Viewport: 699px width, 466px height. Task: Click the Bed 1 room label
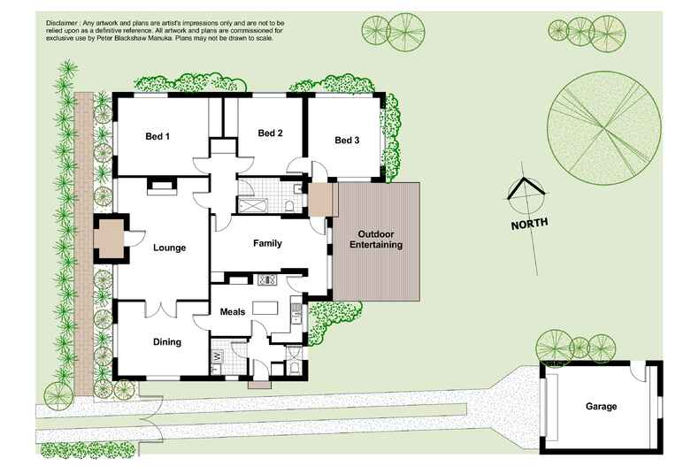tap(157, 136)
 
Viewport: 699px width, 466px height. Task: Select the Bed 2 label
tap(270, 133)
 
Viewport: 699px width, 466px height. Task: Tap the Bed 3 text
tap(347, 141)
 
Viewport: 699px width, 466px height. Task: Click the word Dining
tap(166, 341)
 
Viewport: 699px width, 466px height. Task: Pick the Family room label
tap(267, 243)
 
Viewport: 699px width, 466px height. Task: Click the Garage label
tap(601, 407)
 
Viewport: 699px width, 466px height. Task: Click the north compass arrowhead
tap(526, 187)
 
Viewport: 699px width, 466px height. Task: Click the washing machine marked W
tap(216, 357)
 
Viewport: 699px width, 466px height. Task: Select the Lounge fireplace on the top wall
tap(161, 184)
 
